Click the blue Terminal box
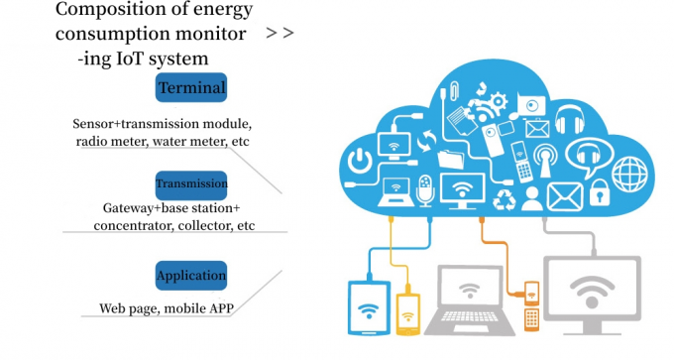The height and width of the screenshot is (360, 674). (191, 87)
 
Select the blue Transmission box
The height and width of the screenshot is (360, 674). (191, 184)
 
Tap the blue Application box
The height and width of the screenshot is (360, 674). (191, 275)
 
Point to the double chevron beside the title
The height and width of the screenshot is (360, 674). (280, 33)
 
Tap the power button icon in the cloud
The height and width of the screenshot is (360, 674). (361, 159)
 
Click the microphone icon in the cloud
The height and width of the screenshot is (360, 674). (426, 188)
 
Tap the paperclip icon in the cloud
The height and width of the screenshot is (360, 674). (449, 92)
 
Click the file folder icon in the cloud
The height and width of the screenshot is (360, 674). (451, 158)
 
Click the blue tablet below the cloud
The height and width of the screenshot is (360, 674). (367, 307)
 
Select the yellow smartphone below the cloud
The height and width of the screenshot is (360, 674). (407, 312)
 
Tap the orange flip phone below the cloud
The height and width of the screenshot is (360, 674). (531, 305)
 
